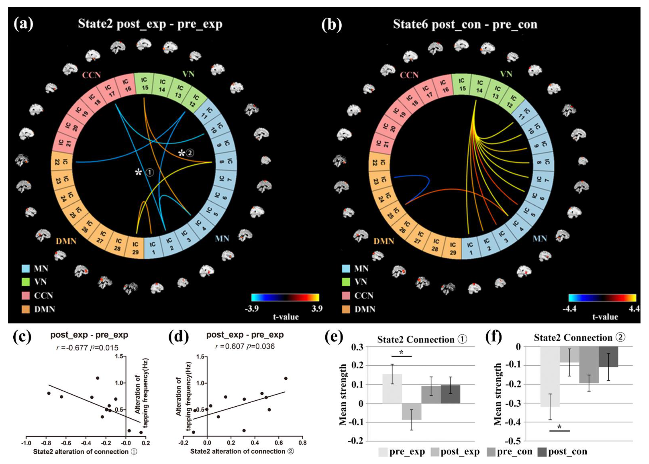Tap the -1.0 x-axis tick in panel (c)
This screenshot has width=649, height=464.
[x=26, y=443]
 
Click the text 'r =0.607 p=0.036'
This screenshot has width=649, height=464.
[x=245, y=347]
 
